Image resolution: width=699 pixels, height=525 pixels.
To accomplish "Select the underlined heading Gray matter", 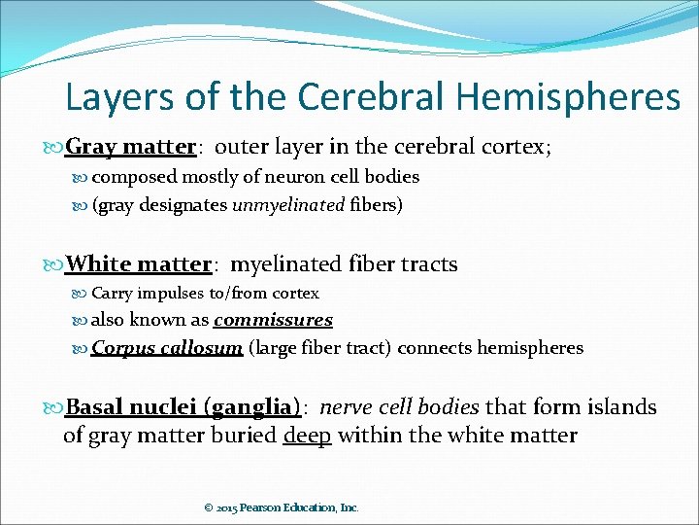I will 131,147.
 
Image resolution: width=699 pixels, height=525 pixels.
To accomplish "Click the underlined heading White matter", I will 139,263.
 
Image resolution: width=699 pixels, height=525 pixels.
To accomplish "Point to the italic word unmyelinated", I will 288,204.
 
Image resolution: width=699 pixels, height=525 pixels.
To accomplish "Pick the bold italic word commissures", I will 273,320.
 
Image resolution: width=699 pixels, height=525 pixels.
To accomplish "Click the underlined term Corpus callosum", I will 167,348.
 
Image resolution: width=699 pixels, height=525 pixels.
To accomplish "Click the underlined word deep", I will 307,435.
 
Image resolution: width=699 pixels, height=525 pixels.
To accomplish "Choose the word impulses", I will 173,293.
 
